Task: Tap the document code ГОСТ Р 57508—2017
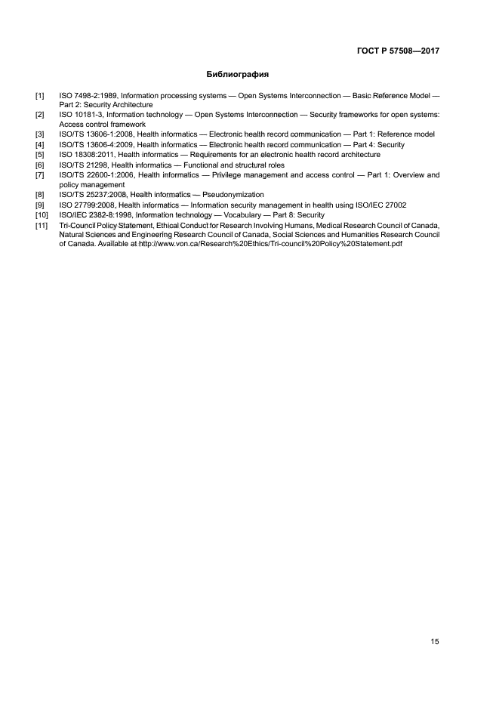399,51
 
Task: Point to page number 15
435,642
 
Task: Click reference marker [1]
40,96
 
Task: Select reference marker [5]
40,154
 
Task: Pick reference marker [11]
42,225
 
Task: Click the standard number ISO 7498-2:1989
86,96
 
